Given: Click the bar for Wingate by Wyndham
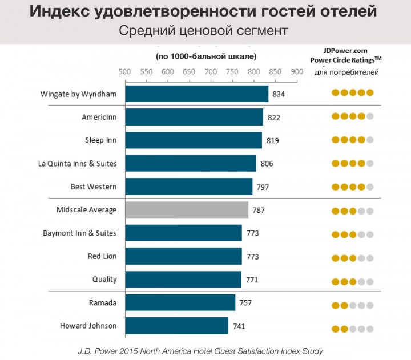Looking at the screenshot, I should (196, 94).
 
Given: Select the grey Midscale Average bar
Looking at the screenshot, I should (186, 210).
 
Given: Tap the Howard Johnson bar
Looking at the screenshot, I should (176, 326).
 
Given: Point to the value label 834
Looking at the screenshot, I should (279, 94).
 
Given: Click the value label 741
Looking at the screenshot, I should (239, 326).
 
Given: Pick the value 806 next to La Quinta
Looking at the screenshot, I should (267, 164).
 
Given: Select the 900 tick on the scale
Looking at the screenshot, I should (297, 72).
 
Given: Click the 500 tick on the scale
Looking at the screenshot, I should (124, 72).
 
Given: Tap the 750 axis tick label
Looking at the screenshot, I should (232, 72).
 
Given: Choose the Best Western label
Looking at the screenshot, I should (94, 187).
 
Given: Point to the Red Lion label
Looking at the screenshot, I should (102, 256).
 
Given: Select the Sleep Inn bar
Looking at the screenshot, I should (193, 140).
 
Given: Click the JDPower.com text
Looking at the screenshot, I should (346, 50).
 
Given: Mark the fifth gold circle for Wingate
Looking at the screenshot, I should (370, 93).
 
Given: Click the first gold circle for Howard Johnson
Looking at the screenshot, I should (335, 329).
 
